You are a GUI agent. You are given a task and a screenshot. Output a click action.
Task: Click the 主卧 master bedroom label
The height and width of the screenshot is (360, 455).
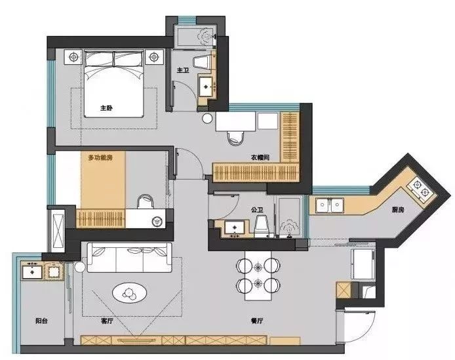pyautogui.click(x=106, y=108)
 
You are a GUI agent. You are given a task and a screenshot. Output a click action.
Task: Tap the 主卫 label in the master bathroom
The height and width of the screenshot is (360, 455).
pyautogui.click(x=183, y=70)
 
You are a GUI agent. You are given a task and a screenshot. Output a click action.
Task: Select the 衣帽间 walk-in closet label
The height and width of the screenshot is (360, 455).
pyautogui.click(x=260, y=157)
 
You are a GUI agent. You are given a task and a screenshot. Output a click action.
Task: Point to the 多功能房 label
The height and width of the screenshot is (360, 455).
pyautogui.click(x=100, y=158)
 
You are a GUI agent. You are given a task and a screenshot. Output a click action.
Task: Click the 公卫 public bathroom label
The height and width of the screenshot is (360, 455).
pyautogui.click(x=257, y=210)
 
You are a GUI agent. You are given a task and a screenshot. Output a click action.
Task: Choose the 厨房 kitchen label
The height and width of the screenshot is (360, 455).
pyautogui.click(x=398, y=210)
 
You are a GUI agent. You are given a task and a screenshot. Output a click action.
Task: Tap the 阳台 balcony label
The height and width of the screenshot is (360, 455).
pyautogui.click(x=41, y=321)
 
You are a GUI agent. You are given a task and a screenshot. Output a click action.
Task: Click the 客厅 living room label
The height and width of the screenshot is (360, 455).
pyautogui.click(x=107, y=321)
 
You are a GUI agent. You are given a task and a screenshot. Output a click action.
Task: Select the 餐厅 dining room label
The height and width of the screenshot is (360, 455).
pyautogui.click(x=257, y=321)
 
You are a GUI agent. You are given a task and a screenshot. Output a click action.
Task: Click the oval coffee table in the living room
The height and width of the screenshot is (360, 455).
pyautogui.click(x=129, y=292)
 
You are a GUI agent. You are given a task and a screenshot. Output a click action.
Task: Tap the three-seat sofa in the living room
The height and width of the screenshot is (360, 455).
pyautogui.click(x=129, y=258)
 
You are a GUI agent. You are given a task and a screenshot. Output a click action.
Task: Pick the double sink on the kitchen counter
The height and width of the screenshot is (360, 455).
pyautogui.click(x=330, y=205)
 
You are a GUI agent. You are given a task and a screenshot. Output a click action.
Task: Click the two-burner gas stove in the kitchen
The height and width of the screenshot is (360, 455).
pyautogui.click(x=420, y=189)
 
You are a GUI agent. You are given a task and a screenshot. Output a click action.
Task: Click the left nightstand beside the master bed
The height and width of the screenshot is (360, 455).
pyautogui.click(x=74, y=56)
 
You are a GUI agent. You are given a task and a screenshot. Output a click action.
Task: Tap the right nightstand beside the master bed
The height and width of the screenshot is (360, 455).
pyautogui.click(x=154, y=56)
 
